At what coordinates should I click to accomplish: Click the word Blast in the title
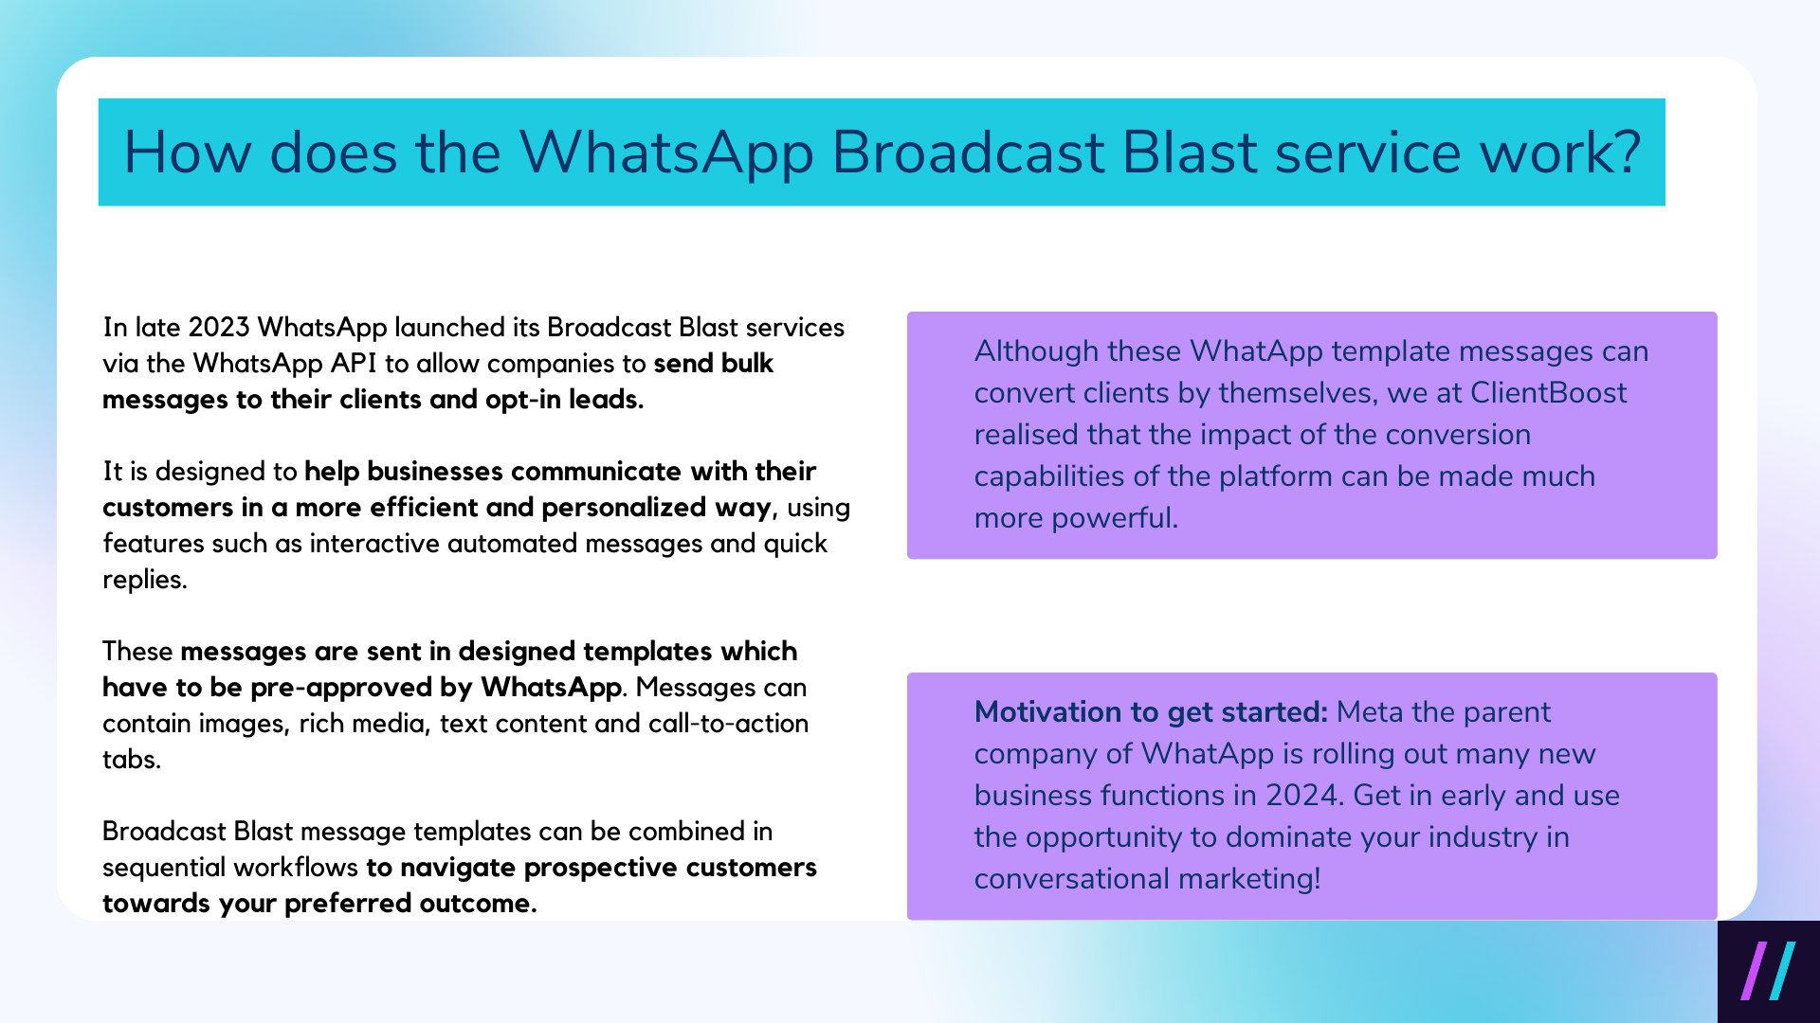[1189, 152]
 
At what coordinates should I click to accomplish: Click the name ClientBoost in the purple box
[1548, 393]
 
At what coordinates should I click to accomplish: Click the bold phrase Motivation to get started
[1150, 712]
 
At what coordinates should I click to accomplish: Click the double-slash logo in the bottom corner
[1768, 971]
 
